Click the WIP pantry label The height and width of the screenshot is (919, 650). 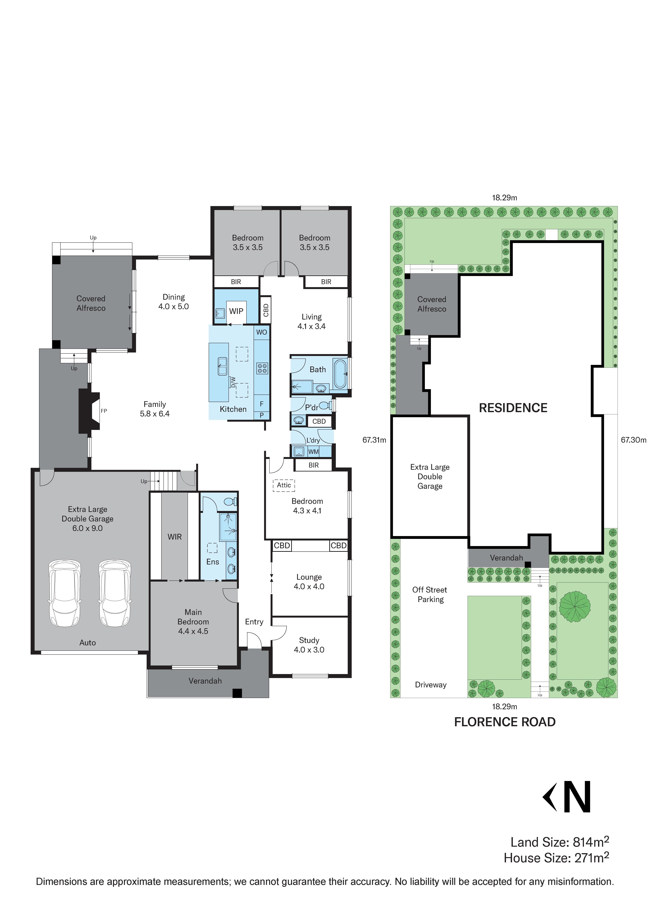point(236,311)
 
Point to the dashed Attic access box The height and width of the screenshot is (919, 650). point(284,485)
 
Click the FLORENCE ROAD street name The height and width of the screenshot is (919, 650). point(505,722)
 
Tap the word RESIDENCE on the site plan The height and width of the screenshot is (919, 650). point(513,408)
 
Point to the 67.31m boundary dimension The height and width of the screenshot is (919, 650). point(374,440)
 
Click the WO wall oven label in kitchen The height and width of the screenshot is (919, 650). point(262,332)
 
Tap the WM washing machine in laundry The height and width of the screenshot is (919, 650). point(314,452)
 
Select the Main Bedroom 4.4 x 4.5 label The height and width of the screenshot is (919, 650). point(193,622)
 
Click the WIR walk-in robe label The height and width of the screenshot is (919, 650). point(175,537)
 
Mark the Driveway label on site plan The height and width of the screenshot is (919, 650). point(431,685)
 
